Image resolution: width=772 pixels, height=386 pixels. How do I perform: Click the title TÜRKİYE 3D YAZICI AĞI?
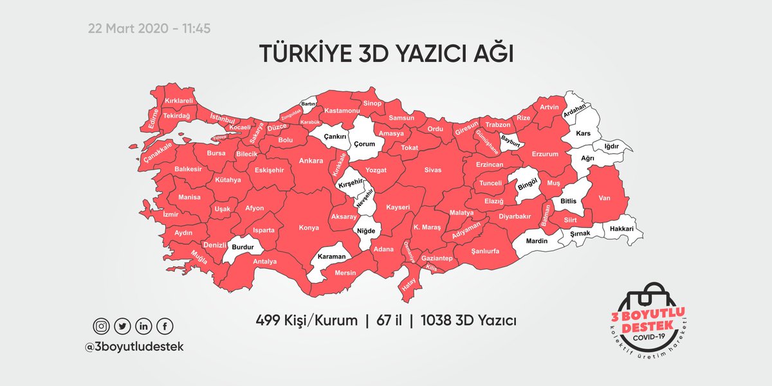click(x=385, y=54)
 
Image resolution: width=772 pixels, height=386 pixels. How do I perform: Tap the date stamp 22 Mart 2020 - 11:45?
click(x=149, y=29)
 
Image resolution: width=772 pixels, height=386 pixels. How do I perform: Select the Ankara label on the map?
click(x=311, y=161)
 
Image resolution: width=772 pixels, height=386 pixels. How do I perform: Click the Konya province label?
click(x=309, y=227)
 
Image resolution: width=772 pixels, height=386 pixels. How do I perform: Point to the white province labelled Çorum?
click(x=363, y=144)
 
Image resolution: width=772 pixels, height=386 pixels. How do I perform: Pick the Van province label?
click(x=604, y=198)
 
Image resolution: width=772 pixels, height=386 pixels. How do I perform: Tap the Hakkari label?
click(x=622, y=229)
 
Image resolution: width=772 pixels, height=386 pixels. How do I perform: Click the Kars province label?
click(x=583, y=133)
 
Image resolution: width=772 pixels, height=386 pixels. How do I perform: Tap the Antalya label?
click(x=265, y=262)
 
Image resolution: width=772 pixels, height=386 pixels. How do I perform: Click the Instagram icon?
click(x=102, y=327)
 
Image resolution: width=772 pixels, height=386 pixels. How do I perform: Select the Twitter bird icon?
click(x=122, y=327)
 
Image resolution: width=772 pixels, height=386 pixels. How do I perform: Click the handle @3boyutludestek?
click(x=134, y=346)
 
